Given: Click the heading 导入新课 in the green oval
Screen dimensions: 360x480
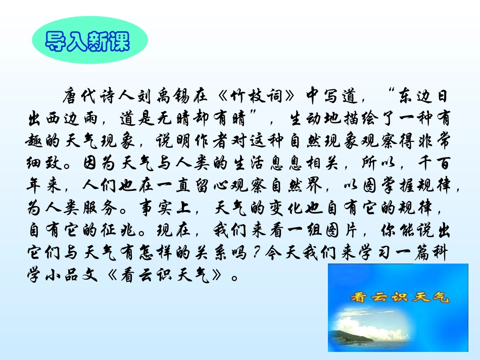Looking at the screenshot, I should [88, 42].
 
